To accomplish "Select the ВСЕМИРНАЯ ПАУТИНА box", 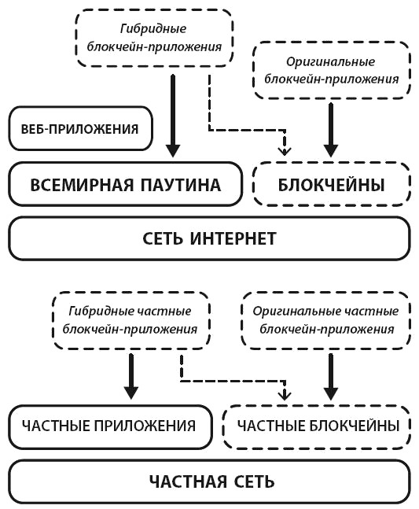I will [125, 186].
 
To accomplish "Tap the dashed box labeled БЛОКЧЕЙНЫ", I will [331, 186].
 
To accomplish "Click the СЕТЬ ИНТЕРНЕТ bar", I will [209, 238].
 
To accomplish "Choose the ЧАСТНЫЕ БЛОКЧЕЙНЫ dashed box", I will [318, 426].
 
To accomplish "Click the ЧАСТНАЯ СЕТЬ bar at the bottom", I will [209, 481].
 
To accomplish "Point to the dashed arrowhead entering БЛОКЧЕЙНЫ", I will [285, 149].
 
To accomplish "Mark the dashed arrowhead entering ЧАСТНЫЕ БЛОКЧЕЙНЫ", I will [285, 393].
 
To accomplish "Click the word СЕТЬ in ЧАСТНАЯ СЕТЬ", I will [252, 481].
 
